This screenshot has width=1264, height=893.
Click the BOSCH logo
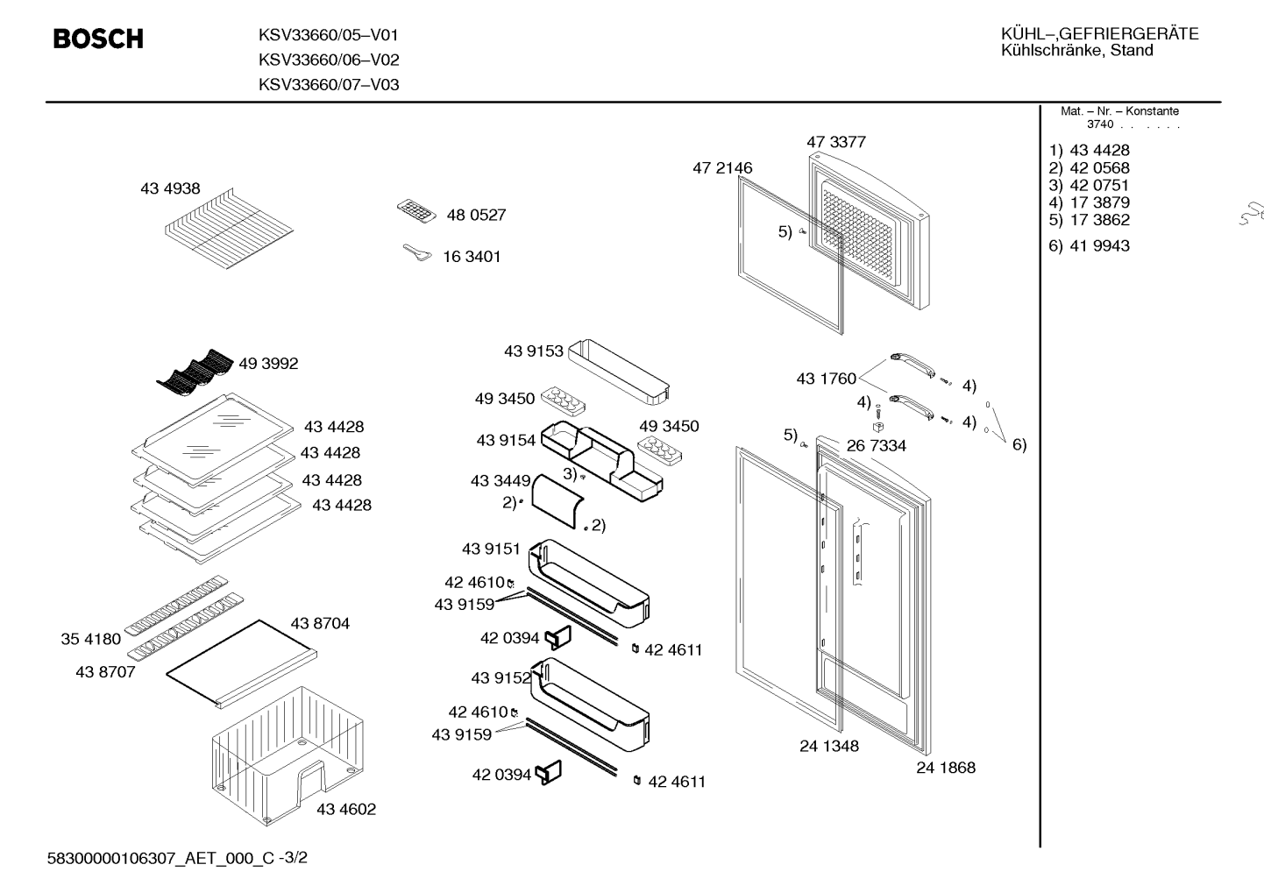tap(98, 39)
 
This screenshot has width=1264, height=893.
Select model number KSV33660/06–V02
tap(329, 60)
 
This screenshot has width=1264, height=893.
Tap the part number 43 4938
tap(170, 188)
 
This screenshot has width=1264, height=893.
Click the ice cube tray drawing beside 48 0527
tap(416, 211)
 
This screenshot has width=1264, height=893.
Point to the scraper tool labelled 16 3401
tap(417, 253)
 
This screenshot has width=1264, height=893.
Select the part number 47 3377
tap(835, 142)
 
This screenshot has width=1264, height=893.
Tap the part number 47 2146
tap(722, 167)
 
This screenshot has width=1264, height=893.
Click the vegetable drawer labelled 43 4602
tap(288, 756)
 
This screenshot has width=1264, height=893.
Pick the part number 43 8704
tap(320, 623)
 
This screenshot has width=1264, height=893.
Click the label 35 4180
tap(91, 639)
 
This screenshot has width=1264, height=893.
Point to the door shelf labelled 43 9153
tap(619, 372)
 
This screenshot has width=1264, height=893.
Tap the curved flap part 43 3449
tap(557, 501)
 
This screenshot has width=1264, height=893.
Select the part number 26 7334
tap(877, 446)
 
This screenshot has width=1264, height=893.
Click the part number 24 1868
tap(946, 767)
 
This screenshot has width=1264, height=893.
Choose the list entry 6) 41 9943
tap(1089, 245)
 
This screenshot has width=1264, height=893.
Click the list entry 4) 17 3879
tap(1089, 202)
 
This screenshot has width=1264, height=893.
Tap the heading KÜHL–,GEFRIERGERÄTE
tap(1100, 34)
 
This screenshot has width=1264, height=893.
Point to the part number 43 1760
tap(826, 378)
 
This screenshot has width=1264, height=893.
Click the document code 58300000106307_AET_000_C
tap(160, 858)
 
